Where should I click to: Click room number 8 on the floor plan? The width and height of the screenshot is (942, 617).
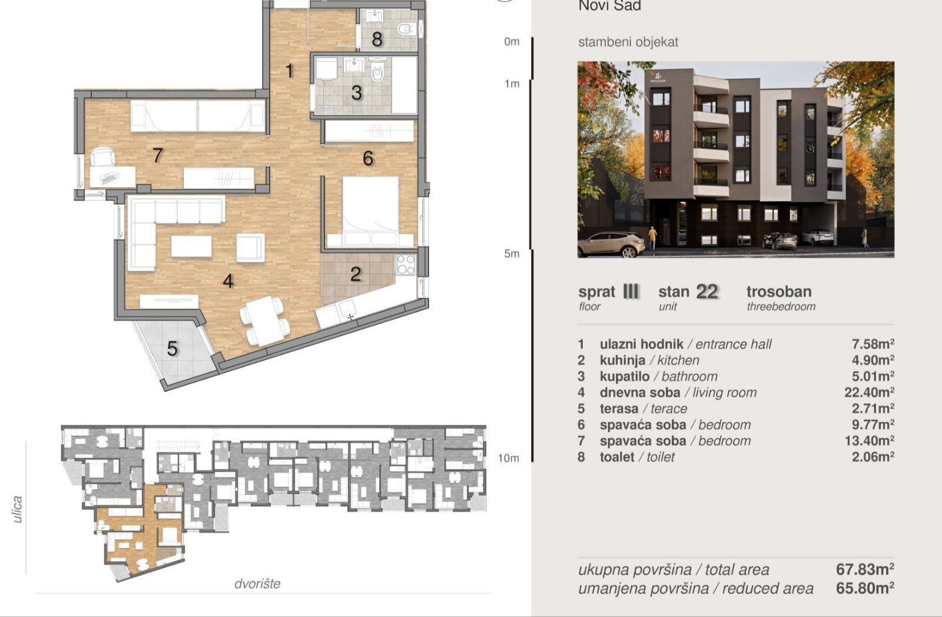(x=377, y=39)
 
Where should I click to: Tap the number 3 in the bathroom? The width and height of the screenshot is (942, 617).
(x=357, y=93)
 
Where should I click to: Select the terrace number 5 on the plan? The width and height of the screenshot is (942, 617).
(x=173, y=349)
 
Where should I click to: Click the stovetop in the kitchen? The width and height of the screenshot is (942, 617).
(x=406, y=264)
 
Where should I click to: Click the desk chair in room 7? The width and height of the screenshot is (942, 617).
(x=102, y=157)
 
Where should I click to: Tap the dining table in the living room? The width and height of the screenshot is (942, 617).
(x=266, y=320)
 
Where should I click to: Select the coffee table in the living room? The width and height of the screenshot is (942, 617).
(x=191, y=246)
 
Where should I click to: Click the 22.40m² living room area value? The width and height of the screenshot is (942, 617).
(x=869, y=392)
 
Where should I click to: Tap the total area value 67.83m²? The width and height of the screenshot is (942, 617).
(x=865, y=569)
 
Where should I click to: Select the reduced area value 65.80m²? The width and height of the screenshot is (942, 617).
(x=865, y=588)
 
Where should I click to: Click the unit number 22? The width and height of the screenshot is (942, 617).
(x=707, y=291)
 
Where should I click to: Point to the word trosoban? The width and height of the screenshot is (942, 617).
(x=780, y=291)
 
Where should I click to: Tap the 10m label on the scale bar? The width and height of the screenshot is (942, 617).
(x=508, y=458)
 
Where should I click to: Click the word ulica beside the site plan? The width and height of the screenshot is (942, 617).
(x=17, y=509)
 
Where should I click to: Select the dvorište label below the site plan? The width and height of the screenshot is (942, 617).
(x=257, y=584)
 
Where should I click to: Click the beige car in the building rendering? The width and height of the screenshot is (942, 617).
(x=612, y=244)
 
